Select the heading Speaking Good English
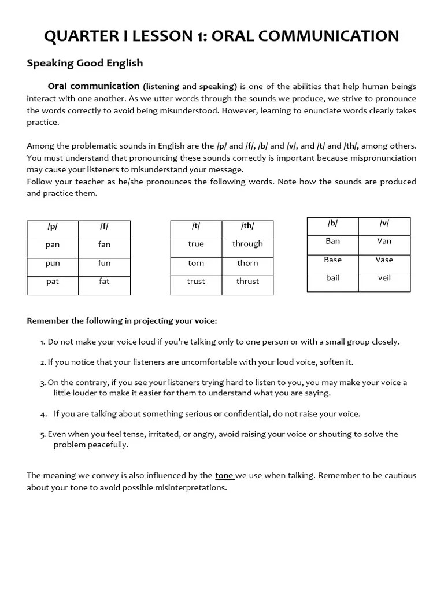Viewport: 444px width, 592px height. point(84,63)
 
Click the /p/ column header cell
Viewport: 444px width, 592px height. point(53,227)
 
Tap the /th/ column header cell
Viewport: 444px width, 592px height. point(247,227)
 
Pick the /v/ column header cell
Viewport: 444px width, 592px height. point(384,223)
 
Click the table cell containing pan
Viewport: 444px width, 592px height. point(53,245)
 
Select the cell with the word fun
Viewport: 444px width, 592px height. point(104,263)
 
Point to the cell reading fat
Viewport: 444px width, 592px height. point(104,282)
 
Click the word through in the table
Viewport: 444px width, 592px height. point(247,244)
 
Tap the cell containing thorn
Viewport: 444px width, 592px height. point(247,263)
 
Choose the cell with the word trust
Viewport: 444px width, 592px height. point(196,282)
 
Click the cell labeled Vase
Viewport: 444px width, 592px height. point(384,260)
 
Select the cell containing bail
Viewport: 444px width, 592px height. point(332,278)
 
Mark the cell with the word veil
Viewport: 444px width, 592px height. point(384,278)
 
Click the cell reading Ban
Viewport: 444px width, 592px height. point(332,241)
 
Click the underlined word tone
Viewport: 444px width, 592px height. point(224,476)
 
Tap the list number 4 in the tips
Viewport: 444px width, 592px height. point(43,414)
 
